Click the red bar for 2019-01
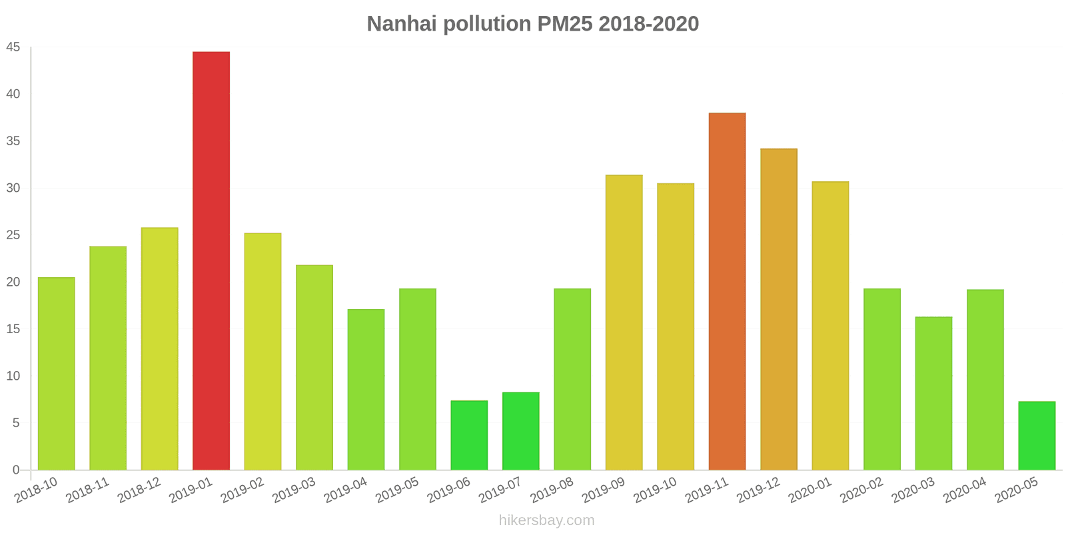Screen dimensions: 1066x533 click(x=211, y=261)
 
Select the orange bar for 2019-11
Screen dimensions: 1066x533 click(x=727, y=291)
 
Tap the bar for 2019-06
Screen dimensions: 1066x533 click(x=469, y=436)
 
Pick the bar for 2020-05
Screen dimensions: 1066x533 click(x=1037, y=436)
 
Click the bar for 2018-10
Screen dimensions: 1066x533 click(x=56, y=374)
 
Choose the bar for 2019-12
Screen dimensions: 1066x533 click(x=779, y=309)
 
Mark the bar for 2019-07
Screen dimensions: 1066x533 click(x=520, y=431)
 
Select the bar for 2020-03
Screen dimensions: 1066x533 click(x=933, y=394)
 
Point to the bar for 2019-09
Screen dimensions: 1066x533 click(x=624, y=322)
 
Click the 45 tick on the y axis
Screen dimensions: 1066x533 click(x=13, y=47)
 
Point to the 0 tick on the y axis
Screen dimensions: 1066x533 click(x=16, y=470)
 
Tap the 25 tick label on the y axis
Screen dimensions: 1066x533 click(x=13, y=235)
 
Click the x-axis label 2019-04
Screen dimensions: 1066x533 click(x=346, y=490)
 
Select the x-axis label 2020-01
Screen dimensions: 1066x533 click(x=810, y=490)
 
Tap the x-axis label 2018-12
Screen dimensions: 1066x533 click(x=139, y=490)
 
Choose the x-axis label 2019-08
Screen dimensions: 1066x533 click(x=552, y=490)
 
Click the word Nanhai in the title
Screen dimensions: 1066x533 click(x=402, y=24)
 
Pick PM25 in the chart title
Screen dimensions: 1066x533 click(x=565, y=24)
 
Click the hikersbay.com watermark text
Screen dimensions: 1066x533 click(x=547, y=520)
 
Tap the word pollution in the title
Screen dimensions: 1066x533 click(x=487, y=24)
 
